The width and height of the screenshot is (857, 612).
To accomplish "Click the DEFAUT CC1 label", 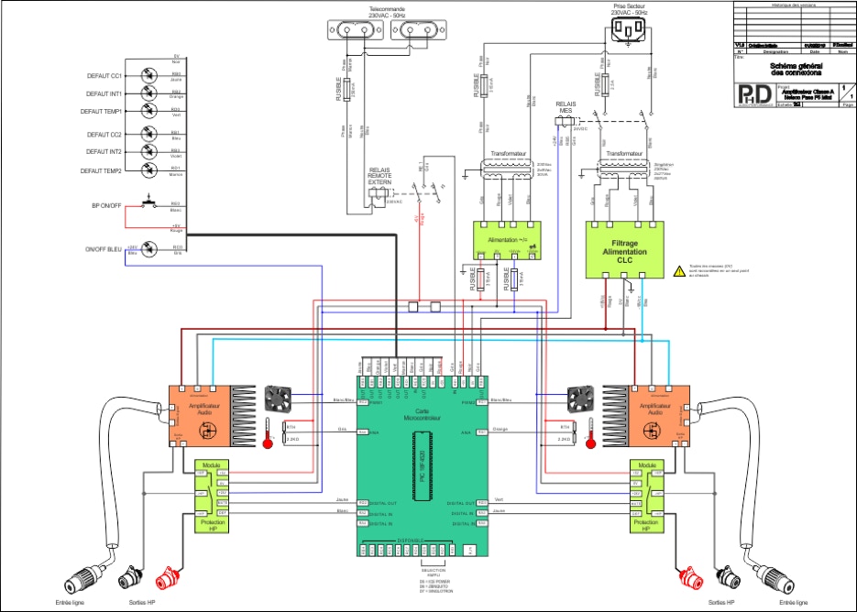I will (x=104, y=76).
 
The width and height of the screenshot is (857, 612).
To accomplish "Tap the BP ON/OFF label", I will (x=105, y=205).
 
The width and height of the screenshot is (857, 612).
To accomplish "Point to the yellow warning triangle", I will (x=679, y=270).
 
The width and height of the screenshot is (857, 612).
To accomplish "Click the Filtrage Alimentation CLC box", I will (x=623, y=248).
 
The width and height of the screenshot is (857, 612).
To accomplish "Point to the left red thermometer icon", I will (x=267, y=432).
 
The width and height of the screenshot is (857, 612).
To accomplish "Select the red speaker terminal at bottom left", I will (x=167, y=579).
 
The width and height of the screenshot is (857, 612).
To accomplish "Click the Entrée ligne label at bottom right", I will (x=788, y=604).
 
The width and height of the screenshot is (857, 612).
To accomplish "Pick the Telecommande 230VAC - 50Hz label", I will (x=386, y=13).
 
